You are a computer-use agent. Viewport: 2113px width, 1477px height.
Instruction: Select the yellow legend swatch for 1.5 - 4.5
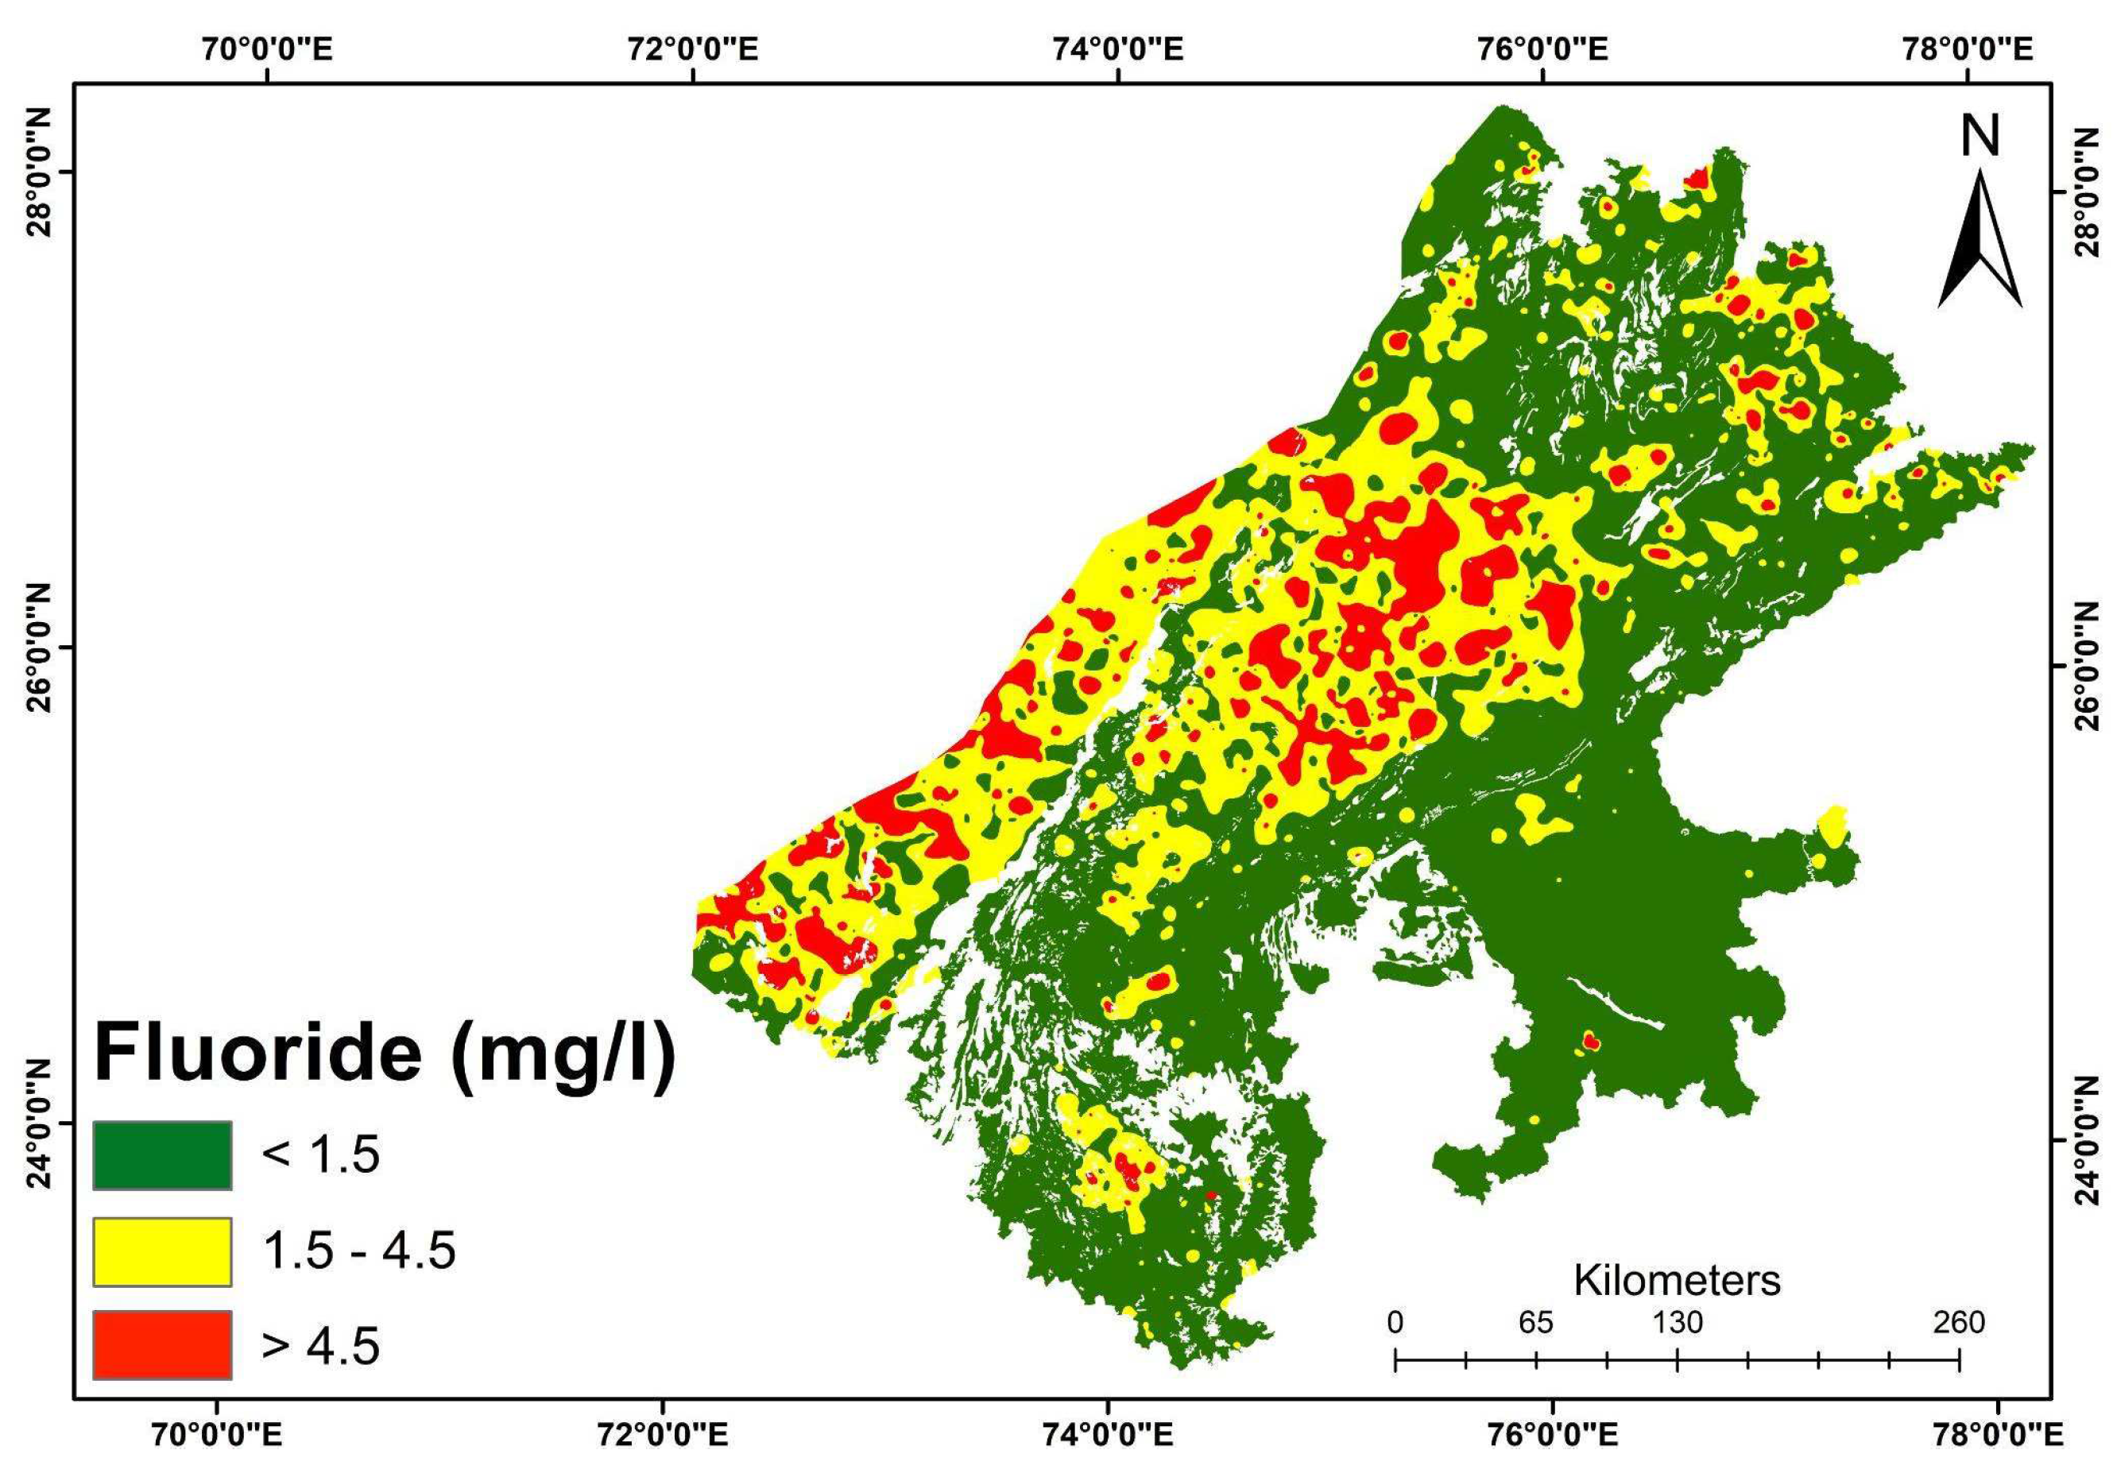point(162,1251)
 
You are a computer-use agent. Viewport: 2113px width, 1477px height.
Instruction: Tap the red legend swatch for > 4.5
point(162,1345)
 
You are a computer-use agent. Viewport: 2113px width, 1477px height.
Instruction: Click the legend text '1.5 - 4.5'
point(359,1251)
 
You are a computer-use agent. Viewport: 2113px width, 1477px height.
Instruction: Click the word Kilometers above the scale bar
point(1677,1280)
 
